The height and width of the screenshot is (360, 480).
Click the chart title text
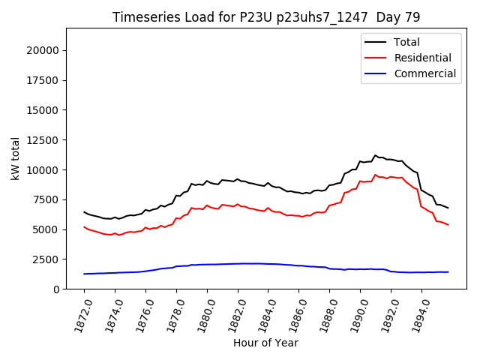[266, 17]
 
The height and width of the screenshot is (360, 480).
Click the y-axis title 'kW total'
[16, 158]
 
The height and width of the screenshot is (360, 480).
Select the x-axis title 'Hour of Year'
[265, 343]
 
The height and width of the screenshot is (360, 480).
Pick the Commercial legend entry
[424, 73]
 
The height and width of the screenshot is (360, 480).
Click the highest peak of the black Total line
[376, 155]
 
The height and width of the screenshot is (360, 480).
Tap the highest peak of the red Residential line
[376, 175]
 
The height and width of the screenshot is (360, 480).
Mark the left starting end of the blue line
[84, 274]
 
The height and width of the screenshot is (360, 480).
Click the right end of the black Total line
[448, 208]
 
